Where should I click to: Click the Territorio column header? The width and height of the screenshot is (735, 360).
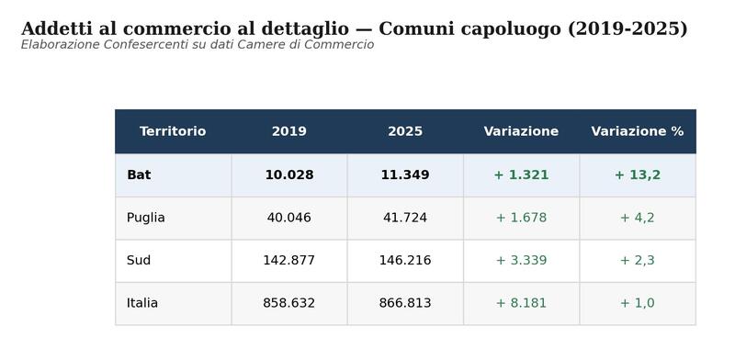click(173, 131)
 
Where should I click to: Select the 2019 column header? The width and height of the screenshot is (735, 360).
click(289, 131)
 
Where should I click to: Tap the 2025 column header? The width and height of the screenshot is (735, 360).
click(405, 131)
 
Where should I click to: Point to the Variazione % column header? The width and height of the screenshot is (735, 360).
click(638, 131)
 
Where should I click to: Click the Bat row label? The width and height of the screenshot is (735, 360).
click(139, 174)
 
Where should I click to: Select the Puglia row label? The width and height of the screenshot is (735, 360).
click(146, 218)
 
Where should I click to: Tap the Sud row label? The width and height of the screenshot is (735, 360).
click(139, 260)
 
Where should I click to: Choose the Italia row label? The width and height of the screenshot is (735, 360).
click(142, 303)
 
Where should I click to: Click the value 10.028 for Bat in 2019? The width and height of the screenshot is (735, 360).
click(289, 174)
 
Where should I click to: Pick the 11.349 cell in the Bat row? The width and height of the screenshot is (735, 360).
click(405, 174)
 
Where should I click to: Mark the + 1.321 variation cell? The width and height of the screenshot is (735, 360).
click(521, 174)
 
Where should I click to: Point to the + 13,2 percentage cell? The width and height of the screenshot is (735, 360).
click(638, 174)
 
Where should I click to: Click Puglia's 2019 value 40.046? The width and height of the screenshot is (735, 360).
click(289, 218)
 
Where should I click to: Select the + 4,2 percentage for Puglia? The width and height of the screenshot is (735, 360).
click(638, 218)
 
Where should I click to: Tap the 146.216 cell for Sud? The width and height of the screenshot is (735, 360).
click(405, 260)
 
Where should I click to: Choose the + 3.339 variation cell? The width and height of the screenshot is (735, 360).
click(521, 260)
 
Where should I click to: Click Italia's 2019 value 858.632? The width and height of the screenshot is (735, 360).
click(289, 303)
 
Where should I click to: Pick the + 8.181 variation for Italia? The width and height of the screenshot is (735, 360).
click(521, 303)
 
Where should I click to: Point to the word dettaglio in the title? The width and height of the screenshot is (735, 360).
click(305, 28)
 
